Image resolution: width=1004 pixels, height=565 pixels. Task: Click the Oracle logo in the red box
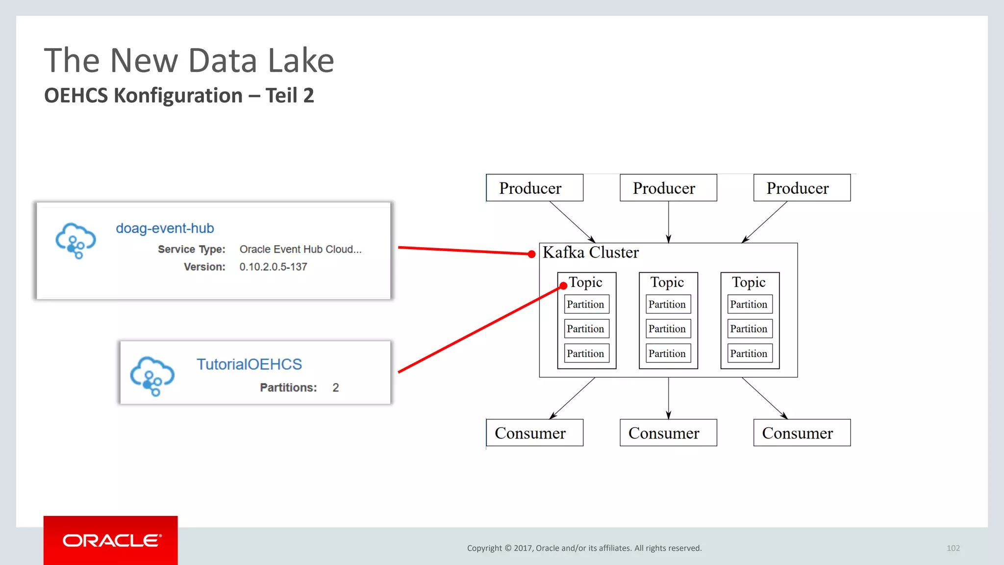pos(111,540)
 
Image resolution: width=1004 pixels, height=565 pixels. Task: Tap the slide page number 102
pos(953,548)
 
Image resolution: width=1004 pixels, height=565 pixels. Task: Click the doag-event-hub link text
pos(165,228)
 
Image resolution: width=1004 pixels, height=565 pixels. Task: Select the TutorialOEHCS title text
pos(249,364)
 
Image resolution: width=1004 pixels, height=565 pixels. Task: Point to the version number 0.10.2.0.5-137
pos(273,267)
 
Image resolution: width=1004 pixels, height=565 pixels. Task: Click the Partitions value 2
pos(335,387)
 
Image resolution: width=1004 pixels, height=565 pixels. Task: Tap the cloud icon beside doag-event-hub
pos(75,240)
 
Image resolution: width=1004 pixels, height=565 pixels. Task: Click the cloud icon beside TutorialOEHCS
pos(152,376)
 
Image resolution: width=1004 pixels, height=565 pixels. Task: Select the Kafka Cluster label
pos(590,253)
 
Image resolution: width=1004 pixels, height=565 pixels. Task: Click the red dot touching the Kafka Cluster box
pos(531,254)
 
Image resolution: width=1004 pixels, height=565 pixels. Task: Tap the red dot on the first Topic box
pos(563,285)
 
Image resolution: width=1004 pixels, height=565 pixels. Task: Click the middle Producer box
pos(668,188)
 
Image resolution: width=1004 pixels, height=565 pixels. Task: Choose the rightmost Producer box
pos(802,188)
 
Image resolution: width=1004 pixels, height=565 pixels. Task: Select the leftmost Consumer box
pos(534,433)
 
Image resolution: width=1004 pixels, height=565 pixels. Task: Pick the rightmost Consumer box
pos(802,433)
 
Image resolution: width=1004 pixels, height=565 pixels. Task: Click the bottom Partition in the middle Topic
pos(668,354)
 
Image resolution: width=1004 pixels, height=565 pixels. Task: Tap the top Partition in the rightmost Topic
pos(749,304)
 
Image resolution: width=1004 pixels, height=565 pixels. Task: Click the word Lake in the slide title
pos(301,61)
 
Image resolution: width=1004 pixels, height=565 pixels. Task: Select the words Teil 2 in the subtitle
pos(289,96)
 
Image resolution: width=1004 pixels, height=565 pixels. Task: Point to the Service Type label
pos(191,249)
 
